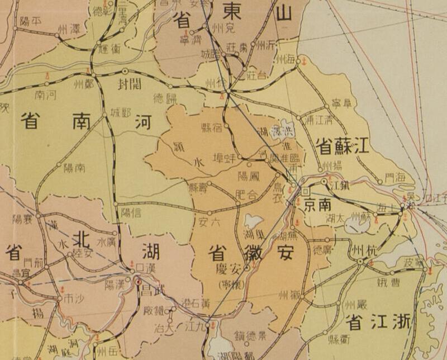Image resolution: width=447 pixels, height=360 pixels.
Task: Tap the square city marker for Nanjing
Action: [305, 192]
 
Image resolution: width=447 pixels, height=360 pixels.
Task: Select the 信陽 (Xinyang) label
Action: [130, 212]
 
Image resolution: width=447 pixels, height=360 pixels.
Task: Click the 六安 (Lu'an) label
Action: [210, 221]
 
